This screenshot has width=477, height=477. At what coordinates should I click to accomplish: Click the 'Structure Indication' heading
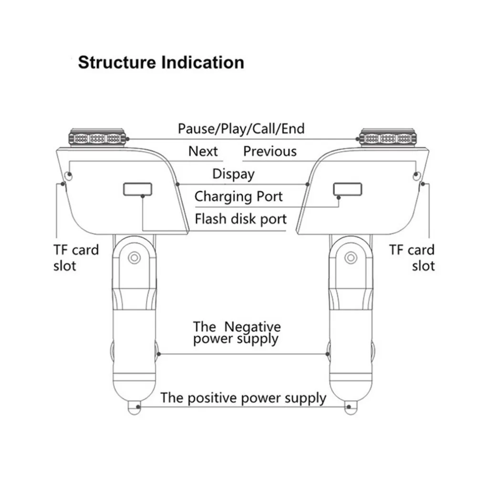161,62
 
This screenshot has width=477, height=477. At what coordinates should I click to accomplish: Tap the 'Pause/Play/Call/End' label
241,129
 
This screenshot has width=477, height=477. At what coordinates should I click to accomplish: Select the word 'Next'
203,151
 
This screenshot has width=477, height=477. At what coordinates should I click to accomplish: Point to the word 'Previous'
270,151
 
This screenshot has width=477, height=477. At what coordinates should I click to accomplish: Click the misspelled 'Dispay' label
233,174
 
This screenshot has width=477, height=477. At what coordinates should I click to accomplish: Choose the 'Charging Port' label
238,197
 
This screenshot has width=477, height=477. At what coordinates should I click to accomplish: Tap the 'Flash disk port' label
240,219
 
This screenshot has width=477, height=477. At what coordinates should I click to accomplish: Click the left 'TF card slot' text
76,258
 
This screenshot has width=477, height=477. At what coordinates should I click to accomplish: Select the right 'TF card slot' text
412,258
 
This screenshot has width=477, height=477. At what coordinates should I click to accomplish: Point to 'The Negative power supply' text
237,333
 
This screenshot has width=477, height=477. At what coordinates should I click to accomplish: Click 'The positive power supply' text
243,398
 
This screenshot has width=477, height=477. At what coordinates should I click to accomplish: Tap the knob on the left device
97,138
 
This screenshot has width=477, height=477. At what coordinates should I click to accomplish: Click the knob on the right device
387,138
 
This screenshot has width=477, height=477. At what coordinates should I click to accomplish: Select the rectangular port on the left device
137,189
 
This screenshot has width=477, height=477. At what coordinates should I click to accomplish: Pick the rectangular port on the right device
348,189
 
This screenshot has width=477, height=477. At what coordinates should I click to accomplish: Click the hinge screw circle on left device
134,258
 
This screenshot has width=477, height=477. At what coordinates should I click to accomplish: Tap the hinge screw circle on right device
351,258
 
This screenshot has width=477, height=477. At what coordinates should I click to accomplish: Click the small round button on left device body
68,176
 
